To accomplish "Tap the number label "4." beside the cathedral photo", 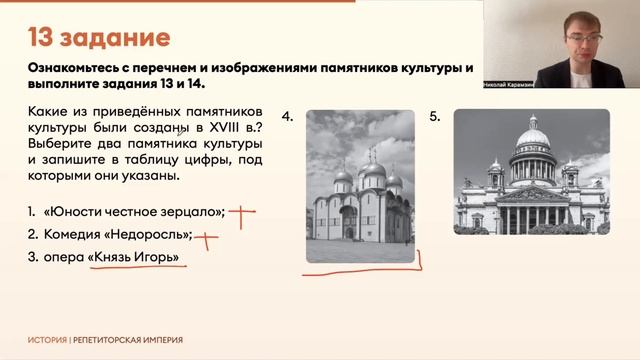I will (x=288, y=118).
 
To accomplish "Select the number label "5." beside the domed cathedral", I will (x=435, y=117).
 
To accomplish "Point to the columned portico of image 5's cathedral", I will (x=532, y=211).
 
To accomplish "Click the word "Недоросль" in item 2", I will (x=151, y=237).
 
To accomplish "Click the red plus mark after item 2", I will (x=206, y=238).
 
